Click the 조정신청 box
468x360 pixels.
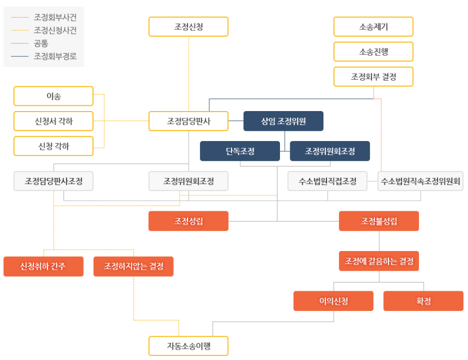pos(189,26)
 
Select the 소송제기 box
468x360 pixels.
pos(373,26)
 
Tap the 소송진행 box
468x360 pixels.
pos(373,52)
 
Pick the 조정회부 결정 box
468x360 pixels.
pos(373,77)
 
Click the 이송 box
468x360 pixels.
pos(53,96)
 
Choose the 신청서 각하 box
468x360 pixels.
pos(53,121)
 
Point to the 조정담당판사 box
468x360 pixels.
pos(189,121)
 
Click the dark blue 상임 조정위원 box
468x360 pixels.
pos(283,121)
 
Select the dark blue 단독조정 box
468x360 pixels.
pos(240,151)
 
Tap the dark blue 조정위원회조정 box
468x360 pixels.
pos(330,151)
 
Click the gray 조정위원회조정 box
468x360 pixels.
pos(189,181)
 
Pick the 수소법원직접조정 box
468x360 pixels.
pos(327,181)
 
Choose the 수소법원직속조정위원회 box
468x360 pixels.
pos(420,181)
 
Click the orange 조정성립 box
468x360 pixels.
pos(189,221)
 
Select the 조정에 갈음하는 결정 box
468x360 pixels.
pos(379,261)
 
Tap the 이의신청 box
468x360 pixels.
pos(333,301)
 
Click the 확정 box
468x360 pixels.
pos(423,301)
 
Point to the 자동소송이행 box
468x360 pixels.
pos(189,346)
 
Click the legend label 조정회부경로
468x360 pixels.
pos(55,56)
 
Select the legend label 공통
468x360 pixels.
pos(41,43)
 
